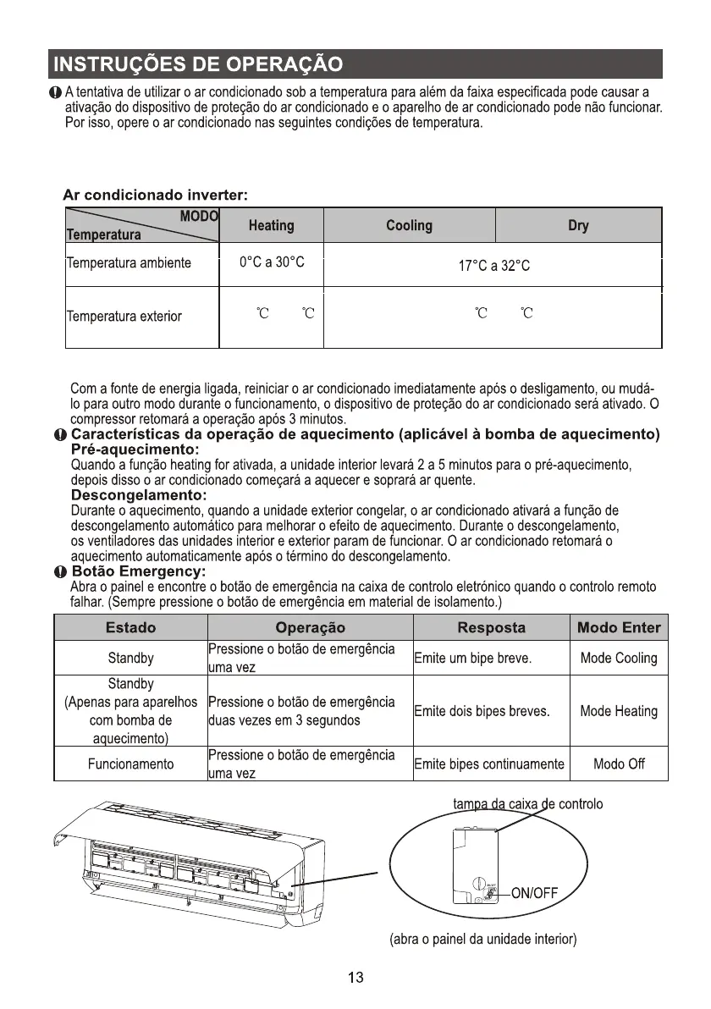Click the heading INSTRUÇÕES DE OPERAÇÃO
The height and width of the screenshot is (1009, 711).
(x=197, y=65)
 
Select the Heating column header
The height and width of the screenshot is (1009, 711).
(x=271, y=226)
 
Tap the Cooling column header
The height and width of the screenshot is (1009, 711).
(x=409, y=226)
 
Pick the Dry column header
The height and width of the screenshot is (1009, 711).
(x=578, y=226)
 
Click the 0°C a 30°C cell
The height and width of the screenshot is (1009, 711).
(x=271, y=263)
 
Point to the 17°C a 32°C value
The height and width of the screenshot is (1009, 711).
(x=493, y=267)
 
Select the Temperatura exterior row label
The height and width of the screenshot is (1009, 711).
(x=124, y=317)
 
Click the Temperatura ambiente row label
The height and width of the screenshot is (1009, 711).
(x=129, y=263)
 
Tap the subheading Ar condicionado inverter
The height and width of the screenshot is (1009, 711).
(x=155, y=196)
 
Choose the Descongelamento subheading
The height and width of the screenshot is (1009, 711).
(x=139, y=495)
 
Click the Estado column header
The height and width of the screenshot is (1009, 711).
(x=130, y=628)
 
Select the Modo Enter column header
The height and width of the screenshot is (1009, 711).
(x=619, y=628)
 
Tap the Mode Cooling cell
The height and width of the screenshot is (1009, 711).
(x=619, y=658)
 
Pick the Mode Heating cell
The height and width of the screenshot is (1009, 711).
(x=619, y=711)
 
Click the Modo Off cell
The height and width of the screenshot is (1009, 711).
(x=619, y=764)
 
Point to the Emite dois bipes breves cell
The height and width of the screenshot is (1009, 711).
(x=482, y=712)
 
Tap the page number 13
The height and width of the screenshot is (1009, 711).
(x=355, y=979)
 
